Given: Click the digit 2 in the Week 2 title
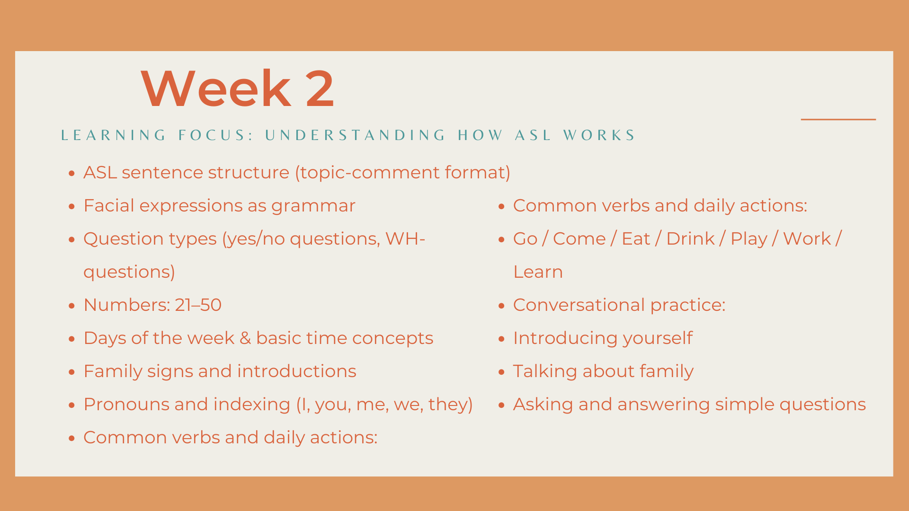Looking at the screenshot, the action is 320,89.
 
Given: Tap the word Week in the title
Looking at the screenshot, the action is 216,88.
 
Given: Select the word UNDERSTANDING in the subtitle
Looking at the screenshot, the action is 355,135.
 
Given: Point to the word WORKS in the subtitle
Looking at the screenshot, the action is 599,135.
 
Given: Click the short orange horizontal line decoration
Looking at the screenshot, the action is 838,119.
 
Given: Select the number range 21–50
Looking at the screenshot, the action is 198,305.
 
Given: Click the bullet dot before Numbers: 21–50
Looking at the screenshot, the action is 72,306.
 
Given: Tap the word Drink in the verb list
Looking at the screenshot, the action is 690,239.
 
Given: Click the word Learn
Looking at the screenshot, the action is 538,272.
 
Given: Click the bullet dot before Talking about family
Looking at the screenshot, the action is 502,372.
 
